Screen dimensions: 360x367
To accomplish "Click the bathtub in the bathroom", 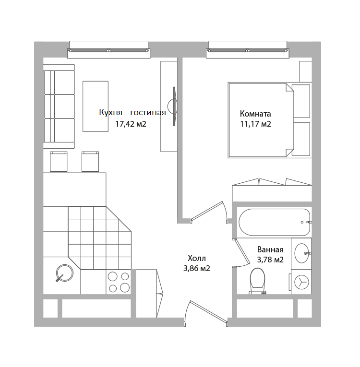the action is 274,222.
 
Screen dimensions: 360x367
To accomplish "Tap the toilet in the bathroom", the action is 257,281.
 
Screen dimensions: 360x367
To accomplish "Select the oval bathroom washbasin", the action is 302,253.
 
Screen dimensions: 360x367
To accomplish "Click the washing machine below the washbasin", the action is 301,282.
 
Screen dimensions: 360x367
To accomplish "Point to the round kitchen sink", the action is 64,273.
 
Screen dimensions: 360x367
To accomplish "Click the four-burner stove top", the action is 119,282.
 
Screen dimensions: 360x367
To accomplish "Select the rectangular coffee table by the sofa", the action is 96,106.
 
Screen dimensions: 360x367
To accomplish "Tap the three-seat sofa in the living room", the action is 59,107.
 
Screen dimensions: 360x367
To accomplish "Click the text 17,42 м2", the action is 131,124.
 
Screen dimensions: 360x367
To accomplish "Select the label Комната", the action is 255,114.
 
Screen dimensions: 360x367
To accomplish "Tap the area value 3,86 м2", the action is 196,269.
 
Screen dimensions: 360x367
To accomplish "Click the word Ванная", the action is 270,249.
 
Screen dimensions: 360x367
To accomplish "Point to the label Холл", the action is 197,259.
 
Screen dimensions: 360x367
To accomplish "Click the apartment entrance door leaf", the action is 208,311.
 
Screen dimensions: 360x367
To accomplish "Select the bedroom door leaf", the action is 206,211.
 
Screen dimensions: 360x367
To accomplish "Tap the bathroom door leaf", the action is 242,251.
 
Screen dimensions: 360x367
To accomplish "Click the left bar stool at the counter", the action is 59,162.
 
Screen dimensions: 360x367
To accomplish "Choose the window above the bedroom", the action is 248,49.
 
